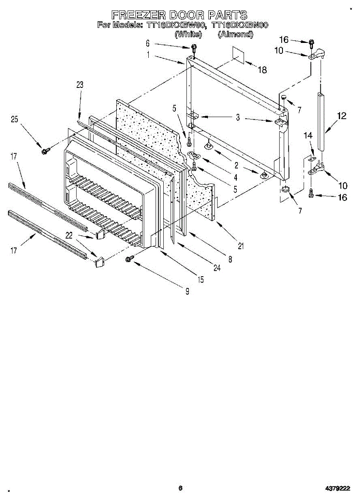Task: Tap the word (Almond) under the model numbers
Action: (x=235, y=35)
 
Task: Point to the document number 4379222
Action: (x=337, y=488)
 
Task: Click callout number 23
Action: (x=80, y=85)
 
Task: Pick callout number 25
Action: (x=15, y=120)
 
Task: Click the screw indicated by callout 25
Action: (x=45, y=150)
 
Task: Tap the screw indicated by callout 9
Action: (x=129, y=259)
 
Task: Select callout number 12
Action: (x=342, y=116)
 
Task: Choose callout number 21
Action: (x=240, y=246)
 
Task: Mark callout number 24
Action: (x=217, y=268)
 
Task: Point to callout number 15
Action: (x=201, y=280)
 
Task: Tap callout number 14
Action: (x=308, y=135)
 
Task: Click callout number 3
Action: (x=237, y=118)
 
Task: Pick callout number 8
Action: (x=230, y=259)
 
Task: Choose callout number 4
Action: (x=235, y=177)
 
